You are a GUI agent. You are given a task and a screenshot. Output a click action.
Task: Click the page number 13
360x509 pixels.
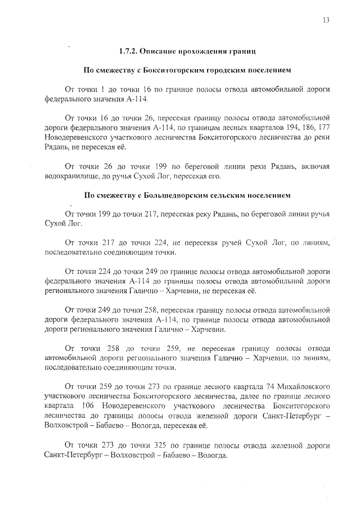[x=326, y=20]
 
